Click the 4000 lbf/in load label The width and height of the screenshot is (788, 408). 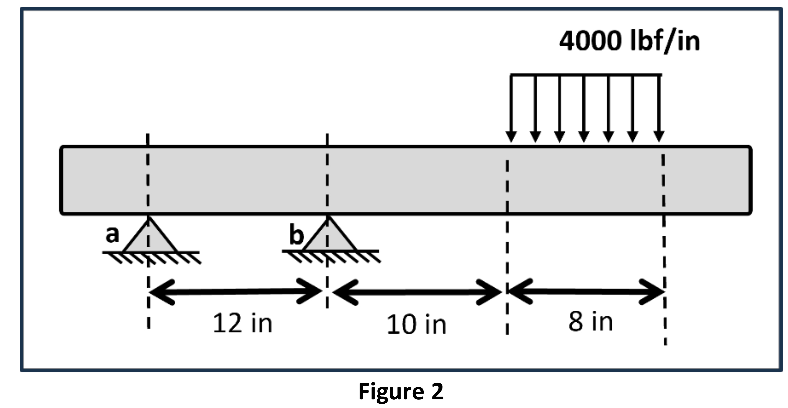(x=629, y=41)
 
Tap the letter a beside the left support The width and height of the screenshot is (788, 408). (x=112, y=234)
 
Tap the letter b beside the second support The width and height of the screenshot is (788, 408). (x=297, y=235)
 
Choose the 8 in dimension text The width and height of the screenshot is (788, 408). (x=591, y=322)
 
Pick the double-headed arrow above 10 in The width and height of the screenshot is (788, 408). (x=417, y=292)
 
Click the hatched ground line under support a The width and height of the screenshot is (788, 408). (x=151, y=257)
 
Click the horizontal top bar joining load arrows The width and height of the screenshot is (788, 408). (x=586, y=75)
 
